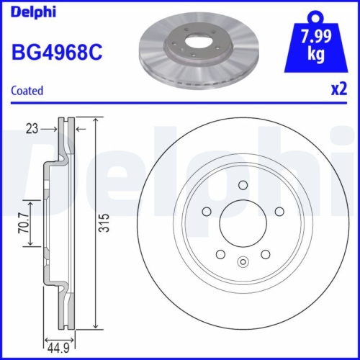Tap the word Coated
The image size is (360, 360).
click(27, 91)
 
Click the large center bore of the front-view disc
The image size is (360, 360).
click(243, 220)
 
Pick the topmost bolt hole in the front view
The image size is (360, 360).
click(243, 186)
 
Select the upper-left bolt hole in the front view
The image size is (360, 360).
click(207, 211)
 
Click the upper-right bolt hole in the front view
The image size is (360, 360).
click(277, 211)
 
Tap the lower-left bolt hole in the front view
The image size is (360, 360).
click(220, 253)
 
